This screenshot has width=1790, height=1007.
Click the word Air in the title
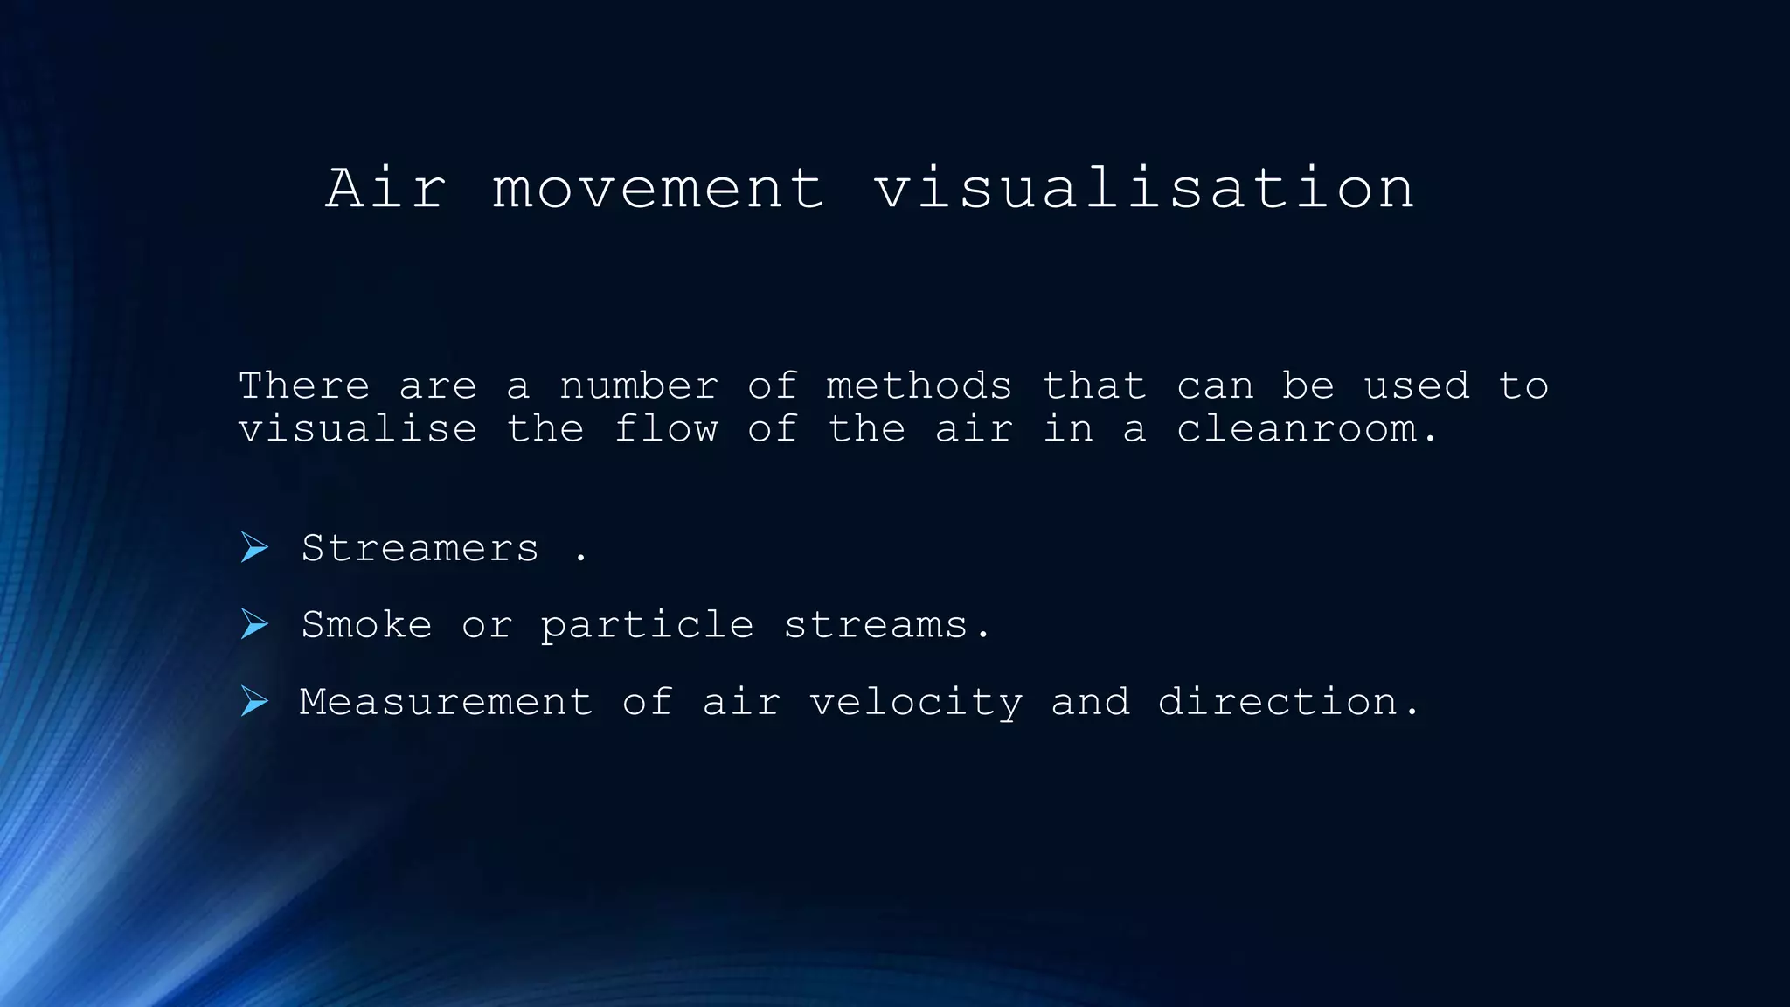[x=385, y=188]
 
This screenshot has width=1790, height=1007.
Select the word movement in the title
[x=658, y=190]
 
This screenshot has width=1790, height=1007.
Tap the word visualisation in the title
[x=1144, y=188]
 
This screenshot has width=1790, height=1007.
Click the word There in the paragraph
[x=304, y=385]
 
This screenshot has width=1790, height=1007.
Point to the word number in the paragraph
[x=639, y=385]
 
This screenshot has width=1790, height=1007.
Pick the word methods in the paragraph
[x=919, y=385]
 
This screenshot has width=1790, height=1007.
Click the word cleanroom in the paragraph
[x=1296, y=429]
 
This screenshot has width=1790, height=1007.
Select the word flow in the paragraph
[x=666, y=429]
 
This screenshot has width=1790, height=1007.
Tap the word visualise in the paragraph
[x=358, y=429]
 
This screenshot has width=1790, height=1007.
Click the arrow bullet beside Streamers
[x=254, y=548]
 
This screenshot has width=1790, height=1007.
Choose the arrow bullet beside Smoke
[x=254, y=624]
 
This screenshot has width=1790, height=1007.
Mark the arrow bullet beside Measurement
[x=254, y=701]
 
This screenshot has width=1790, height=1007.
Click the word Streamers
[x=420, y=549]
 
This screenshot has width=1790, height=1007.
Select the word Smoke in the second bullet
[x=366, y=625]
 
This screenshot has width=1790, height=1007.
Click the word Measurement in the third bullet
[x=446, y=702]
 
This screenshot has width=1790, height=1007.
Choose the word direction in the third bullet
[x=1277, y=702]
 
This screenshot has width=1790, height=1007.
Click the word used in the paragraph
[x=1417, y=385]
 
